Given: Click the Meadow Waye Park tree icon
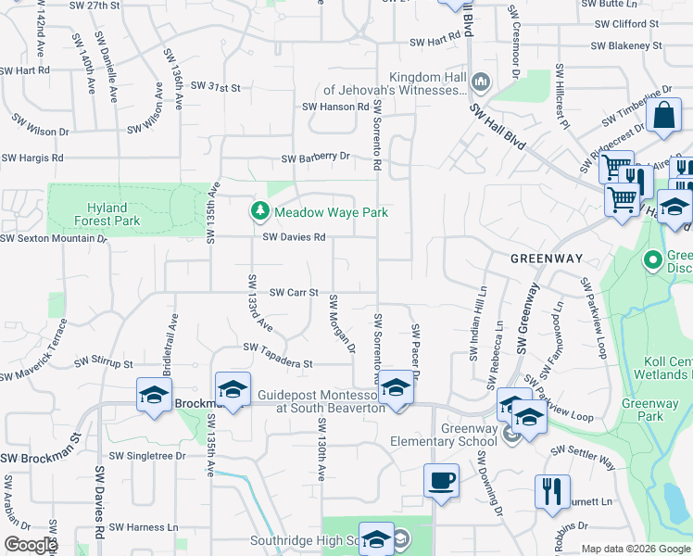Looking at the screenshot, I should [261, 212].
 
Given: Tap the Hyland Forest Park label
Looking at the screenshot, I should [107, 214].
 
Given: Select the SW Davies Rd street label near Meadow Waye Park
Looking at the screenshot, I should [294, 237].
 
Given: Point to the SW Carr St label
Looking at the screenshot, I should [294, 292].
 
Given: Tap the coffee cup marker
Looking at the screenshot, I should [441, 482].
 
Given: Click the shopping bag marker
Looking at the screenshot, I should [664, 117].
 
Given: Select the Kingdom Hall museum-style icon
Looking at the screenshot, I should [480, 83].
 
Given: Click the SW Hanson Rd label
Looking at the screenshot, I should [335, 107].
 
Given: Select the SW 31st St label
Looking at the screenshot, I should [215, 86].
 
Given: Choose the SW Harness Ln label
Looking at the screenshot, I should [144, 526].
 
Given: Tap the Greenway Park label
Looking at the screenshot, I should [668, 410].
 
